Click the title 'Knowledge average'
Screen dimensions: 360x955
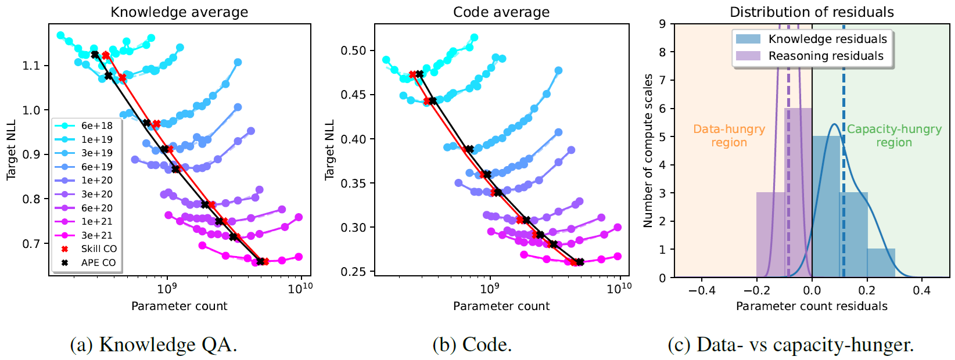(179, 12)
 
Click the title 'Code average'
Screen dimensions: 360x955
(501, 12)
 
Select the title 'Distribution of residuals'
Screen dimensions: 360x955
(812, 12)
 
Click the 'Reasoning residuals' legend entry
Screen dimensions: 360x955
(825, 56)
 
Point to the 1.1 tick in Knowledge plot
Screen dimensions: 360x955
(31, 66)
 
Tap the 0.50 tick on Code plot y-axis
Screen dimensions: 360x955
(353, 51)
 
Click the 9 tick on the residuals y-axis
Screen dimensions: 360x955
(662, 24)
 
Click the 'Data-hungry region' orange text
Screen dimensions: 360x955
(729, 136)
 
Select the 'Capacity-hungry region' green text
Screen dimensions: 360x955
(893, 136)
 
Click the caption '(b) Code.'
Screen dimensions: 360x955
(472, 345)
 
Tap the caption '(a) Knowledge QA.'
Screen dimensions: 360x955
(153, 345)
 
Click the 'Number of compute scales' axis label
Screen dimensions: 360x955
(648, 150)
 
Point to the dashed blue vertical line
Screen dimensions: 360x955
(843, 174)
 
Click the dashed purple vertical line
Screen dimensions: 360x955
(788, 174)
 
